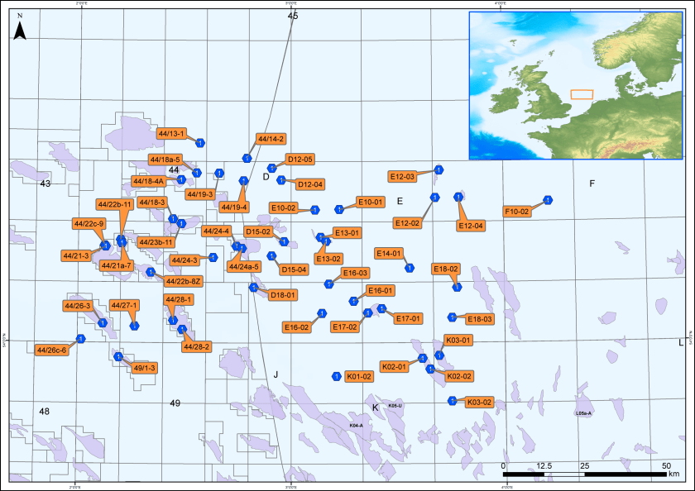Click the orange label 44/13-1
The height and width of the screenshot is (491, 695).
(x=173, y=133)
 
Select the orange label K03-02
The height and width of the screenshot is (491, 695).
(x=480, y=403)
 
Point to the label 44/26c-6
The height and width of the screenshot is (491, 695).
(x=51, y=350)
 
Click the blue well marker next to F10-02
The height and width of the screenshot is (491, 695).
(x=547, y=201)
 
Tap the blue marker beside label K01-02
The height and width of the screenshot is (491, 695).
(x=337, y=377)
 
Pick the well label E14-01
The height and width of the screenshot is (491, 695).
(x=389, y=253)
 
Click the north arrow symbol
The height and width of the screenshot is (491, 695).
(x=22, y=32)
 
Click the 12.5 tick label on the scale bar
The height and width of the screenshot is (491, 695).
(x=544, y=466)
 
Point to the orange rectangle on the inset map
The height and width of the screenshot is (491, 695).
(x=582, y=94)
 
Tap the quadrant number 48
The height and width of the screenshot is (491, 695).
(x=45, y=412)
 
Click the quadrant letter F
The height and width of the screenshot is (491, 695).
(x=592, y=183)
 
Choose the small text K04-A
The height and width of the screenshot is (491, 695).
(x=357, y=425)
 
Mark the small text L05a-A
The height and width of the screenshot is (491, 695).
(x=583, y=412)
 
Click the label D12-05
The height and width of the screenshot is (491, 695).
(x=300, y=159)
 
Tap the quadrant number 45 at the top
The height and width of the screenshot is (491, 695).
(x=292, y=16)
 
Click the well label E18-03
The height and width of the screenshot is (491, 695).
(x=480, y=319)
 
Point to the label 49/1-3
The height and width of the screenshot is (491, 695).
(x=144, y=368)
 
